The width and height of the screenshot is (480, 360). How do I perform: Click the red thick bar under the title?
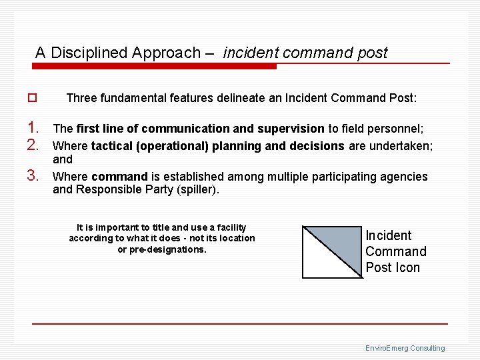coord(155,67)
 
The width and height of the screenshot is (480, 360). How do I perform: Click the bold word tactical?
coord(111,146)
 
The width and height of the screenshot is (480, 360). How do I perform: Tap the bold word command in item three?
coord(119,177)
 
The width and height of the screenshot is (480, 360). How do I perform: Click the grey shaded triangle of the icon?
coord(337,241)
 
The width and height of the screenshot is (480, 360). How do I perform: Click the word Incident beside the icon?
coord(388,235)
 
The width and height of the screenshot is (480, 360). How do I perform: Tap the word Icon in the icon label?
coord(407,267)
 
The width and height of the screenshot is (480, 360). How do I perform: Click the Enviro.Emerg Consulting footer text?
coord(405,348)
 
